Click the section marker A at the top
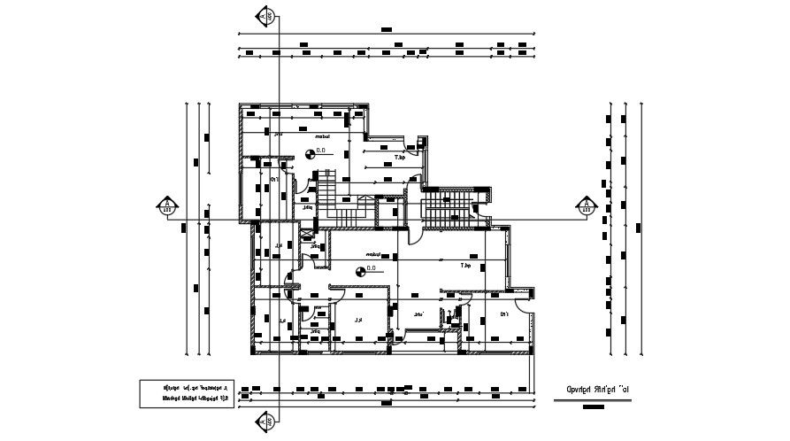point(265,16)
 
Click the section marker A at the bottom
point(265,422)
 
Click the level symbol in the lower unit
point(359,272)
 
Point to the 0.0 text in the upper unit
point(321,151)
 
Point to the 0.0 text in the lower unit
point(372,268)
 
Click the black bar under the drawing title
point(594,407)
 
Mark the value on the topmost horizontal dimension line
point(386,29)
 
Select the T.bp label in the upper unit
point(398,159)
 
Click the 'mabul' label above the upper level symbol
point(321,137)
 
